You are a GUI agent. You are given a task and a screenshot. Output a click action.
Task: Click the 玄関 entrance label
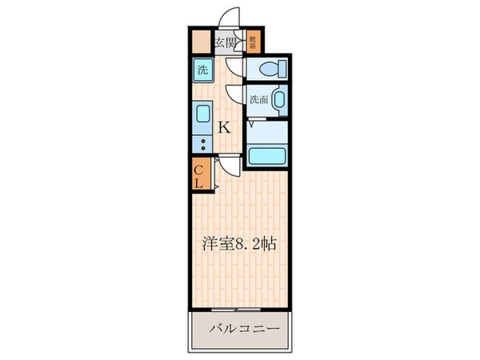point(225,42)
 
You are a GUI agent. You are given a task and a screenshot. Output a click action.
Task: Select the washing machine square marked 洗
point(202,70)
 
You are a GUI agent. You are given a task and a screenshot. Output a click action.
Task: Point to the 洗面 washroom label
point(257,99)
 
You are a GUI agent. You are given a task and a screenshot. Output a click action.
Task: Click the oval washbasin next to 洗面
point(278,101)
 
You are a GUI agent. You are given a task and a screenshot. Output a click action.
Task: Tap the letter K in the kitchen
point(225,126)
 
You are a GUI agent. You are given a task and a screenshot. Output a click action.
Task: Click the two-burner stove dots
point(202,145)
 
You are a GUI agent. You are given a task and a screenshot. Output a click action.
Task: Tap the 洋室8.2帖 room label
point(240,244)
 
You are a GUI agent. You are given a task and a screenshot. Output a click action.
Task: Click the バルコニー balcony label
point(243,329)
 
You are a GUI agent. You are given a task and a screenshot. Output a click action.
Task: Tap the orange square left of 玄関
point(200,42)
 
